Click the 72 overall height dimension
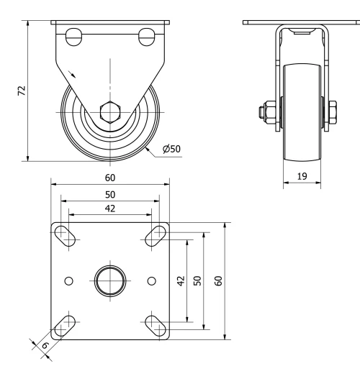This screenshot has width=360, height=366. click(22, 91)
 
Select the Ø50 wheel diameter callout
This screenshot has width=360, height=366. click(171, 149)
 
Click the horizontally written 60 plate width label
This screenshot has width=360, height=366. click(110, 176)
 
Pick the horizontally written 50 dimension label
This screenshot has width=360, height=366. click(110, 194)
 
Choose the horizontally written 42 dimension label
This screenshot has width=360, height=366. click(110, 209)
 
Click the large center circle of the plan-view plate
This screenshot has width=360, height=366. click(110, 280)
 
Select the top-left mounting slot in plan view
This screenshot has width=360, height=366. click(65, 234)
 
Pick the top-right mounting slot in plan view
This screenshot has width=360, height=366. click(156, 234)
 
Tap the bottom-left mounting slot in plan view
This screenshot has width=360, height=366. click(65, 325)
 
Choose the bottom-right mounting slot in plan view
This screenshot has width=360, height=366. click(156, 325)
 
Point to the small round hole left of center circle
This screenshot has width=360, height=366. click(69, 280)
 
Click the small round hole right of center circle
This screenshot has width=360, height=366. click(151, 280)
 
